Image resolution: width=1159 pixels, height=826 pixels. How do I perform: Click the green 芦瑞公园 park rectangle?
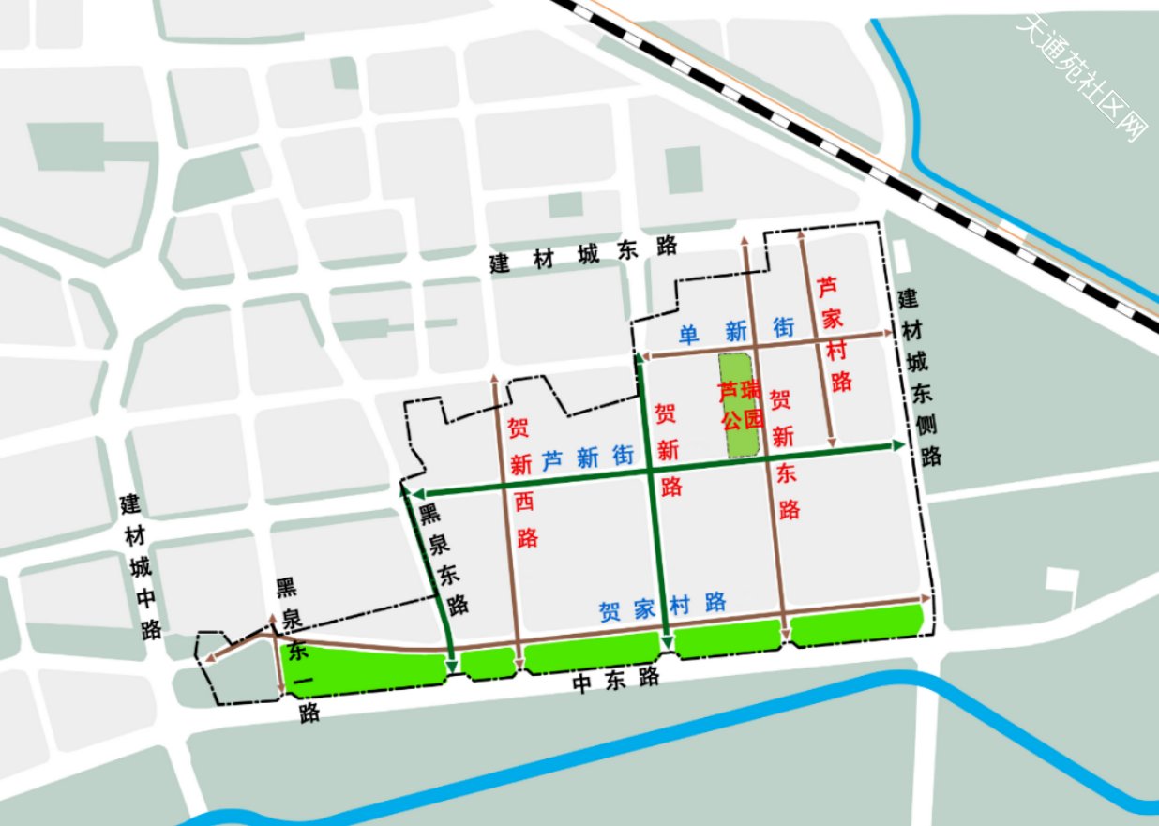(741, 406)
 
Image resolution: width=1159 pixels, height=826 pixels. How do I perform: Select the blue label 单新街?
(737, 330)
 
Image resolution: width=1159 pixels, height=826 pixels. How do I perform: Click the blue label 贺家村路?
(663, 607)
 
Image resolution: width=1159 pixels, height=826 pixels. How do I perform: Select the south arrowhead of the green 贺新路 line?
(666, 643)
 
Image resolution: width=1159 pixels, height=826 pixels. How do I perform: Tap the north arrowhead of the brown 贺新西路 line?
(495, 380)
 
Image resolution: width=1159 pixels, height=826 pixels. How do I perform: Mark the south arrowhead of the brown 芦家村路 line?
(832, 440)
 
